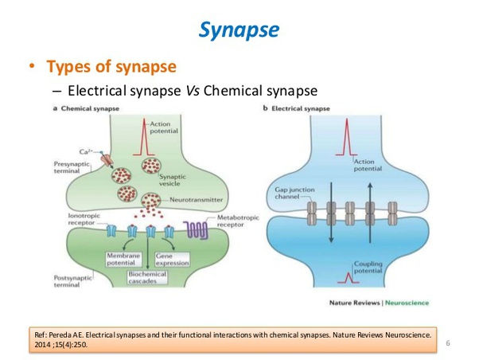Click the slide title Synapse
(x=239, y=29)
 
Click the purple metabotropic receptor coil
(x=198, y=232)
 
